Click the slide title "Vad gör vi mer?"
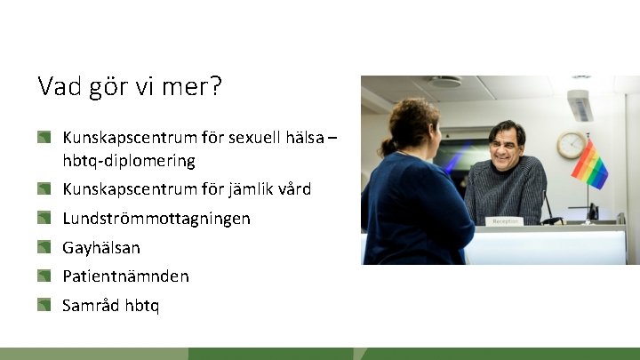point(130,87)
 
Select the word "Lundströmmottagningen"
point(156,218)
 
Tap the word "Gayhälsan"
point(101,247)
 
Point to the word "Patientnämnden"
point(125,276)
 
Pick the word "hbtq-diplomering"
point(129,161)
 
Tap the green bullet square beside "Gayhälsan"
point(44,246)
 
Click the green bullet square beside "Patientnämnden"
point(44,276)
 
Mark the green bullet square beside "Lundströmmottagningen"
point(44,217)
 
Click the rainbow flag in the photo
point(589,164)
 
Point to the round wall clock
point(571,144)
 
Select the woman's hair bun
point(388,146)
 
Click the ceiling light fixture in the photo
point(444,82)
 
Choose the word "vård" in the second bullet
point(295,189)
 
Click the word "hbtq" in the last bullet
point(142,306)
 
